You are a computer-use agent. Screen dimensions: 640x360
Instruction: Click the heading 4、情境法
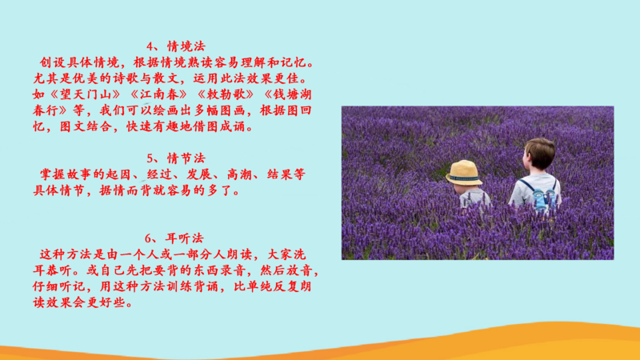[x=176, y=46]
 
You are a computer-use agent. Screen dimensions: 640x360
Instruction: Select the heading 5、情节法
[x=176, y=158]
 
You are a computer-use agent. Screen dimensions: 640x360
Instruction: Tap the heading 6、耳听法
[x=174, y=238]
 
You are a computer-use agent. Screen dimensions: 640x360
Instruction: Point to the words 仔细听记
[x=58, y=286]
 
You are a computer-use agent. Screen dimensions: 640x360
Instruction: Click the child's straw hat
[x=464, y=173]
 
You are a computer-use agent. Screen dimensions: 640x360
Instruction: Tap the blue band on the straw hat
[x=464, y=178]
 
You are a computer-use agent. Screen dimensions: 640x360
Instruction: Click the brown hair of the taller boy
[x=540, y=153]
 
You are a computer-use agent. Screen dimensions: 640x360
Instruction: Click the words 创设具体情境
[x=79, y=63]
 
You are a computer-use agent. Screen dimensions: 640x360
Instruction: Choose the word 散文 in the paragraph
[x=166, y=78]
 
